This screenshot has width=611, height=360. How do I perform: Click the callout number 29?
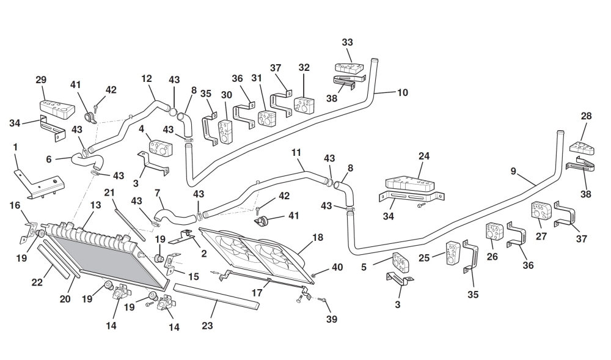[x=41, y=80]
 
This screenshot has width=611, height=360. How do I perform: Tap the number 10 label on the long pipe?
[x=403, y=93]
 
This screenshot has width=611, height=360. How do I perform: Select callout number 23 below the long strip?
[x=207, y=326]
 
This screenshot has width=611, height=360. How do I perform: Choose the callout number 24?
[x=424, y=156]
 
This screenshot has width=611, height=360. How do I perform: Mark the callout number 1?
[x=15, y=147]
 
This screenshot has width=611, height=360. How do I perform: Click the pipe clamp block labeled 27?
[x=540, y=209]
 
